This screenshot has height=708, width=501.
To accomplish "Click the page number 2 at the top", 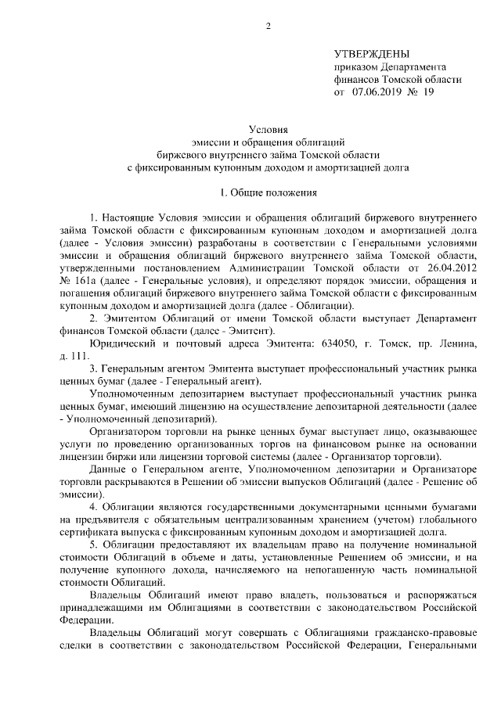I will click(269, 27).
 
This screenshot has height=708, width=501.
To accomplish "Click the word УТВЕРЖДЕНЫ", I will click(371, 54).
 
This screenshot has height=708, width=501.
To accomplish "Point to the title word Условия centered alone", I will click(269, 128).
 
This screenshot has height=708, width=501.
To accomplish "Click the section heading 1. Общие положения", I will click(269, 192).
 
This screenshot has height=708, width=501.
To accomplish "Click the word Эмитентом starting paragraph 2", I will click(130, 318).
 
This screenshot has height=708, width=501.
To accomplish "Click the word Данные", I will click(109, 469).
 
